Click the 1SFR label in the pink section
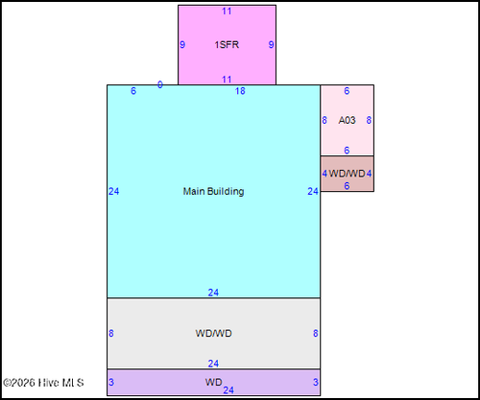(x=227, y=44)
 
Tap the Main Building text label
(x=213, y=191)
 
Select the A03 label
(x=347, y=120)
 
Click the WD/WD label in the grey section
(x=213, y=333)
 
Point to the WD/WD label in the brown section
(x=347, y=174)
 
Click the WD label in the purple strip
(x=213, y=382)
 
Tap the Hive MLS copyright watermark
(x=43, y=383)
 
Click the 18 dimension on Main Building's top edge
(x=240, y=91)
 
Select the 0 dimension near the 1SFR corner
(x=160, y=84)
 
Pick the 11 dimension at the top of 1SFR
(x=227, y=12)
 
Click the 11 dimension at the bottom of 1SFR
(x=227, y=80)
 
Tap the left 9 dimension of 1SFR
(x=182, y=44)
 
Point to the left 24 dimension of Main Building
(x=113, y=191)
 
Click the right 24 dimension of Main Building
(x=313, y=191)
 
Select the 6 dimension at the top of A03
(x=347, y=91)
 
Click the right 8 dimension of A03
(x=369, y=120)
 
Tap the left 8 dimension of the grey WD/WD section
(x=111, y=333)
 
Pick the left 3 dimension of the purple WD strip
(x=111, y=382)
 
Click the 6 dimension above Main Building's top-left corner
(x=133, y=91)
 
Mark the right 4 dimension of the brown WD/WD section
(x=369, y=174)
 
